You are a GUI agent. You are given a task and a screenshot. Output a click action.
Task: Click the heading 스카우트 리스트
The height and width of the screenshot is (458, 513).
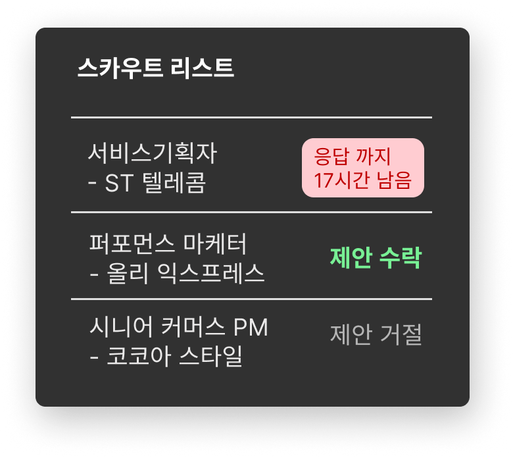(155, 68)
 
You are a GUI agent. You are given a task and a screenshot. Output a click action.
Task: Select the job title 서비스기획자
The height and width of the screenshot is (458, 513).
(152, 154)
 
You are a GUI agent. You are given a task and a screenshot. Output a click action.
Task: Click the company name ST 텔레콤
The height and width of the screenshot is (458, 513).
(155, 183)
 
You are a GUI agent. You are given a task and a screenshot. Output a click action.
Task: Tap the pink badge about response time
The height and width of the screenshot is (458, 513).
(363, 167)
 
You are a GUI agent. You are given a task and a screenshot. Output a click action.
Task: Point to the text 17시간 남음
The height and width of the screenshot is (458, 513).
(363, 180)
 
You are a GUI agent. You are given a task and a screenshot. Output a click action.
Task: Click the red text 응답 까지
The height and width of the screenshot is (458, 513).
(353, 157)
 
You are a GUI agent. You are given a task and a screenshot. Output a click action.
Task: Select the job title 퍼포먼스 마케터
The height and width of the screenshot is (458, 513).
(168, 244)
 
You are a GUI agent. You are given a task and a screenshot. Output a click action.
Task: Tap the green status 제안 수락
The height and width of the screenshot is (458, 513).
(376, 258)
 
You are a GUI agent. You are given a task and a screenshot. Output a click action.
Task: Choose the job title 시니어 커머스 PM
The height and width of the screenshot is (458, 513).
(178, 327)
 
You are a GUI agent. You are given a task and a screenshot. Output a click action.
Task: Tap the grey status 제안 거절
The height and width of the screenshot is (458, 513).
(376, 335)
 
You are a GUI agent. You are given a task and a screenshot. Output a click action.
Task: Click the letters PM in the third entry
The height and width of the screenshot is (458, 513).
(251, 327)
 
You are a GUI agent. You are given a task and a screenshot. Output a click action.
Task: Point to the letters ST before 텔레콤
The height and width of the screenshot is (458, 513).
(119, 183)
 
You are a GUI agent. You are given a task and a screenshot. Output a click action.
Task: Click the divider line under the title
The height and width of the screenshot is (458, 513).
(251, 117)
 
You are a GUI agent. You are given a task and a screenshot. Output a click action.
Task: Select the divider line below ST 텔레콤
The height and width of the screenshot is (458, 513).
(251, 213)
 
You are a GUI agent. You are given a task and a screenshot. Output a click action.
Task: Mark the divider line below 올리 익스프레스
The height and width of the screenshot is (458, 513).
(251, 299)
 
